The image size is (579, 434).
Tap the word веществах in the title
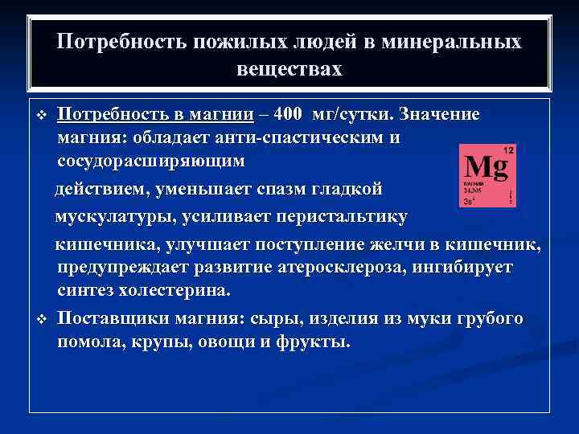click(289, 69)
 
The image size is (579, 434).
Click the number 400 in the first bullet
click(288, 114)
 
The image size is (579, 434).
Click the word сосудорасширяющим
click(150, 161)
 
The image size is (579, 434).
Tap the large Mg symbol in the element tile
click(487, 167)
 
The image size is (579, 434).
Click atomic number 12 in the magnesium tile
click(508, 150)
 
